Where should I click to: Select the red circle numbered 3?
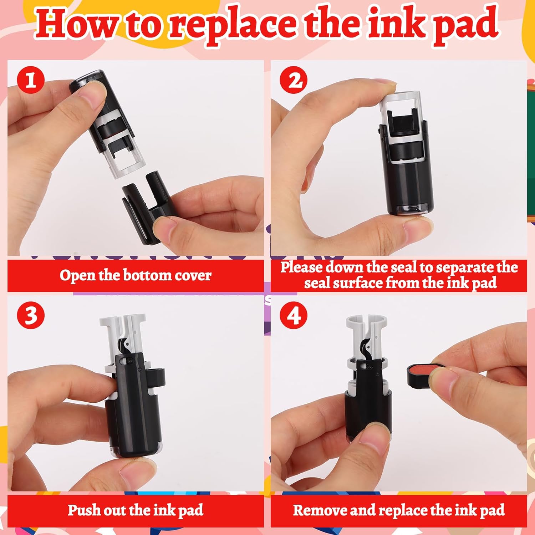click(x=31, y=315)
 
